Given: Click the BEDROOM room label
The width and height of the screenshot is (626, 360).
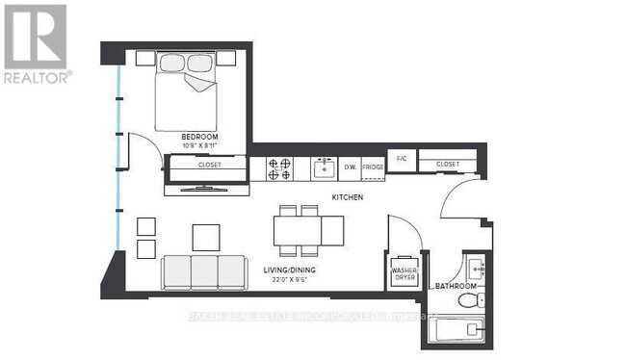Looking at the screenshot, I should [x=199, y=138].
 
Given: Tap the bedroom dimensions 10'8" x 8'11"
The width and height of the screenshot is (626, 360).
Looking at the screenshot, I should [x=199, y=146].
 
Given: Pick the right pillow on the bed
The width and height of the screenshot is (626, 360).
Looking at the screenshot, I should [x=202, y=63].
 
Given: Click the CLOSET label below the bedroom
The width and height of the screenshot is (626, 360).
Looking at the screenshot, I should [x=209, y=165].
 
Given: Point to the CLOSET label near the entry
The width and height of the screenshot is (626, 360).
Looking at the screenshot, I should [x=448, y=165].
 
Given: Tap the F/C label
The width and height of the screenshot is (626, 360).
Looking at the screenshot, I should [x=400, y=156].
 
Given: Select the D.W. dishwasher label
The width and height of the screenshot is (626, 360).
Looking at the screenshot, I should [x=352, y=168].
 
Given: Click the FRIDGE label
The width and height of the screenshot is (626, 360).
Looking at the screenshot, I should [x=373, y=168].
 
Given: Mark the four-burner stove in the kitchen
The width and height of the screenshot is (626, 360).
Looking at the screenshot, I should [x=280, y=168].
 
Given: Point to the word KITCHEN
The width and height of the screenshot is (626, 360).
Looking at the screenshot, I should [x=347, y=196].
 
